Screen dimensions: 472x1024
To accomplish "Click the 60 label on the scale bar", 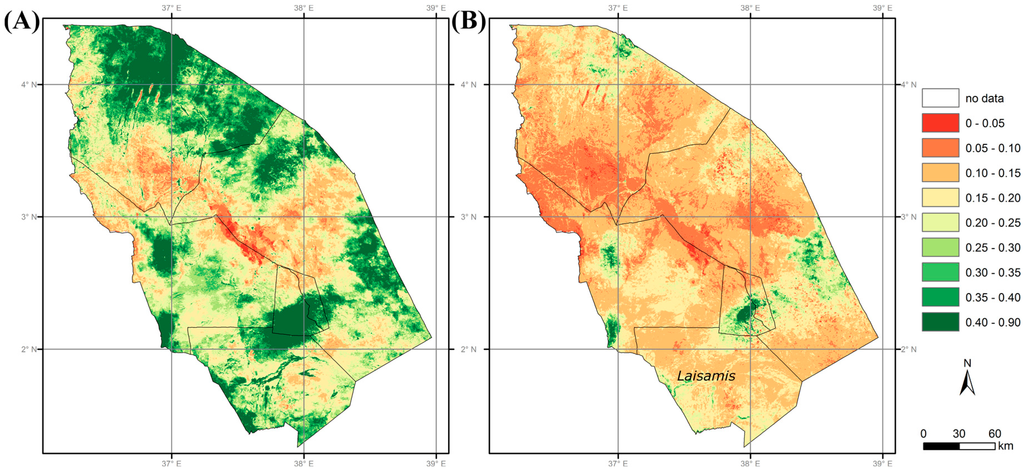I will (x=994, y=432).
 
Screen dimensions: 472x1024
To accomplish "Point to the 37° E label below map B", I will (x=617, y=464).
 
